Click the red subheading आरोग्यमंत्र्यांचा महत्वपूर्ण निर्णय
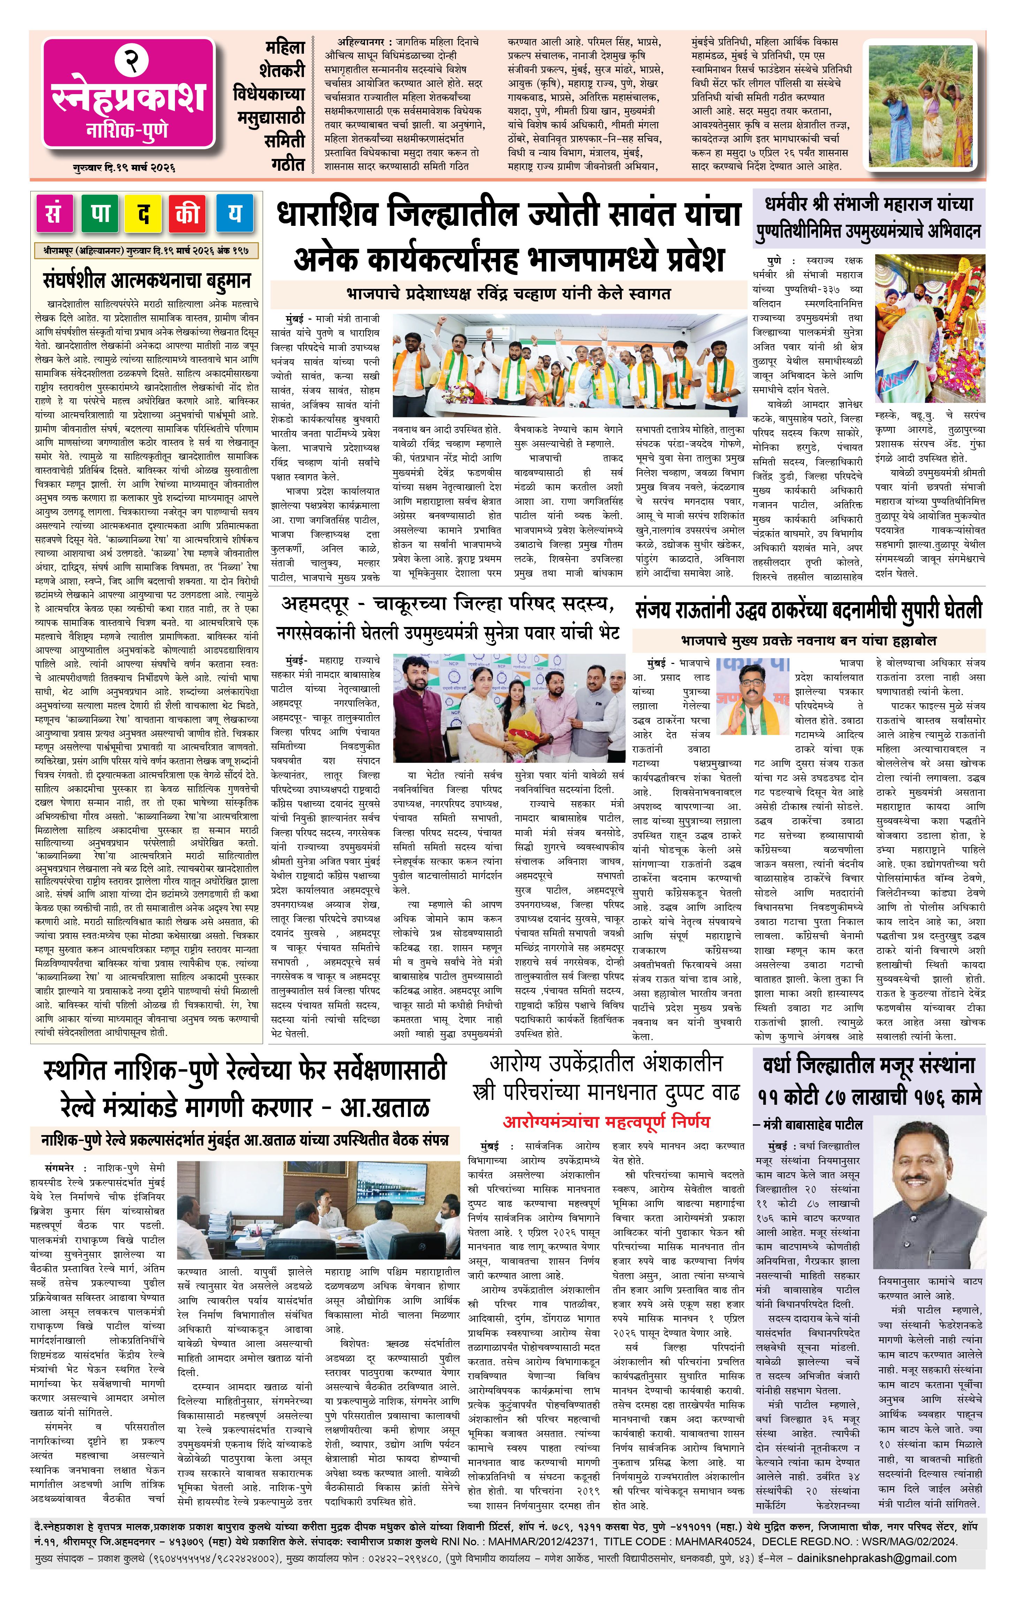tap(606, 1122)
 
